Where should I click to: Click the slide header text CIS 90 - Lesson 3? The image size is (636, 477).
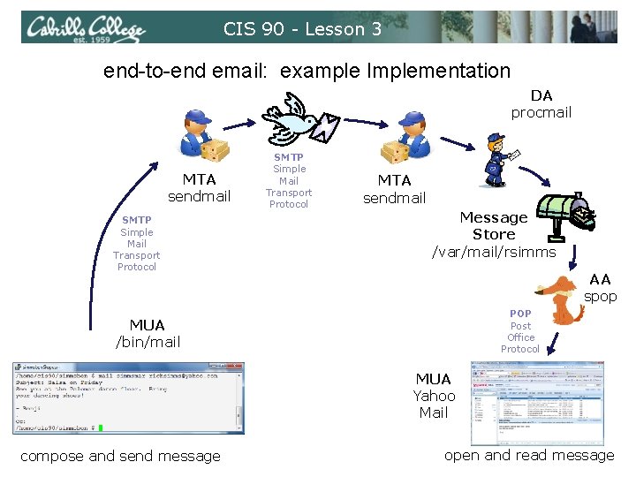click(302, 29)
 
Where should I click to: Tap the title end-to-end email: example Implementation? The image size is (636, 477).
click(307, 71)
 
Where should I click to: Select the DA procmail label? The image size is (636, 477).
click(541, 103)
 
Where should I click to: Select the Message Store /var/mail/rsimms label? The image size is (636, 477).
click(494, 235)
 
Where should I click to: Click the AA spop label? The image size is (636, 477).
click(600, 288)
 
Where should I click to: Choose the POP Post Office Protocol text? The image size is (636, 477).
click(520, 331)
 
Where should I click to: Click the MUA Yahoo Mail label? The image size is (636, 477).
click(434, 396)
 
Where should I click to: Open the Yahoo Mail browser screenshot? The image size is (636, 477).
click(537, 402)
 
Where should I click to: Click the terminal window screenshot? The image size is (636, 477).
click(129, 398)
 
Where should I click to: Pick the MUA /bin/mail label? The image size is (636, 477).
click(148, 334)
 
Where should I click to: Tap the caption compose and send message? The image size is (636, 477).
click(120, 456)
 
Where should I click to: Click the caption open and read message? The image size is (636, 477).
click(528, 455)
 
